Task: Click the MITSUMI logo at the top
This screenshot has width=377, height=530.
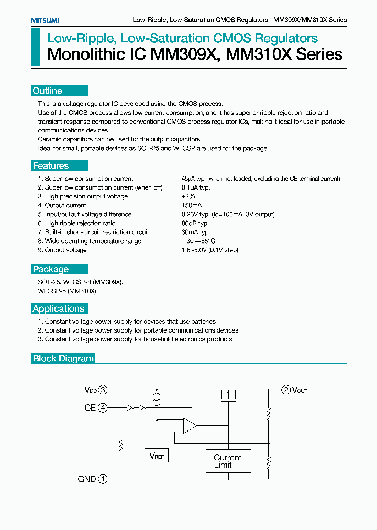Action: pyautogui.click(x=45, y=20)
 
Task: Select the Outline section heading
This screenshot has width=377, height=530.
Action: pyautogui.click(x=47, y=91)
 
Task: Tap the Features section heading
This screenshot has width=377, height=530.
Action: pyautogui.click(x=50, y=166)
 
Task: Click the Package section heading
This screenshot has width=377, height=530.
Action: pyautogui.click(x=51, y=269)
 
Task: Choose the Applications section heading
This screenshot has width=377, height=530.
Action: pyautogui.click(x=58, y=308)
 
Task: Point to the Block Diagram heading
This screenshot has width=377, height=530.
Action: pyautogui.click(x=63, y=359)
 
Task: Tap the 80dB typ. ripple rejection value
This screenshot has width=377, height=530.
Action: pyautogui.click(x=195, y=223)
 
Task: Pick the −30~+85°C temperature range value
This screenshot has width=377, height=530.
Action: pyautogui.click(x=198, y=241)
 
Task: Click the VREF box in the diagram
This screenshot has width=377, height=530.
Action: pyautogui.click(x=157, y=456)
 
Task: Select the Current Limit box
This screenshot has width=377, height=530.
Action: pyautogui.click(x=228, y=461)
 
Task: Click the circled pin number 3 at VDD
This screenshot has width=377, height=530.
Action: pyautogui.click(x=103, y=390)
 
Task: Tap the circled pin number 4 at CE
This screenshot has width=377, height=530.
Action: pyautogui.click(x=103, y=407)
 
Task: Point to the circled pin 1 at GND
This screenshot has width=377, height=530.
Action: pyautogui.click(x=103, y=479)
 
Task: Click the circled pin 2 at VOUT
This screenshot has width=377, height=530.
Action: pyautogui.click(x=286, y=390)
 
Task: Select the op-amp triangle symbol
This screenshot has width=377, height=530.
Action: pyautogui.click(x=189, y=426)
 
